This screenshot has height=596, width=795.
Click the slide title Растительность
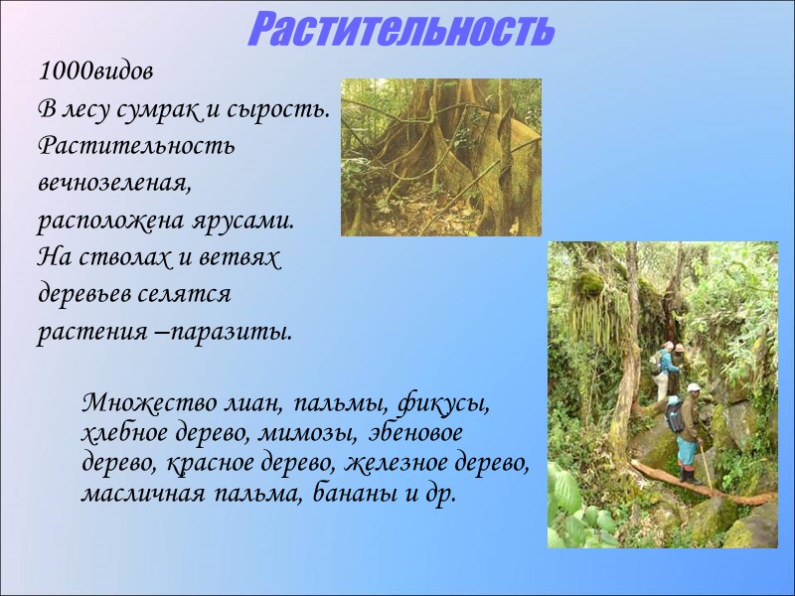click(399, 30)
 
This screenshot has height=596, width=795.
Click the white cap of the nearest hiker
click(693, 387)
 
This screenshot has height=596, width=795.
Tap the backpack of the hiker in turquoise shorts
click(675, 417)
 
